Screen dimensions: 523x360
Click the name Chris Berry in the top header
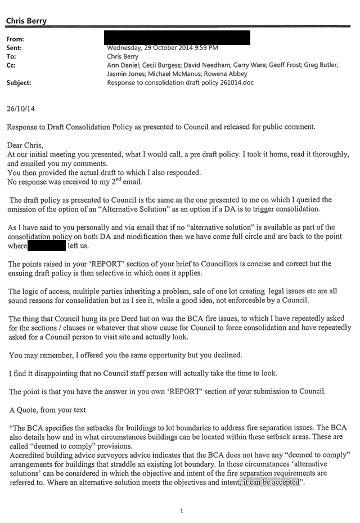click(26, 21)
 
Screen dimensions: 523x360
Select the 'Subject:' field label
click(19, 82)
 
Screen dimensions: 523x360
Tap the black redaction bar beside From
click(177, 38)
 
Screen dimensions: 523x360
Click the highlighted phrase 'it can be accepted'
click(269, 482)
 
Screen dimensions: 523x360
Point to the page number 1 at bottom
click(182, 511)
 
